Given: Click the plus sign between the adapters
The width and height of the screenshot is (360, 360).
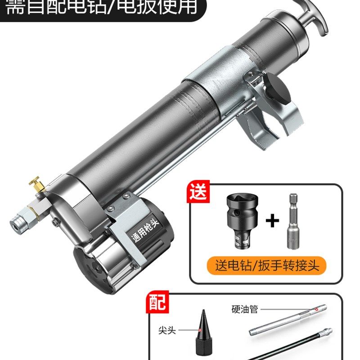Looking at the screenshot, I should (x=271, y=221).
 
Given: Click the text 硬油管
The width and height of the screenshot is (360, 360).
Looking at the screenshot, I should (x=245, y=310).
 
